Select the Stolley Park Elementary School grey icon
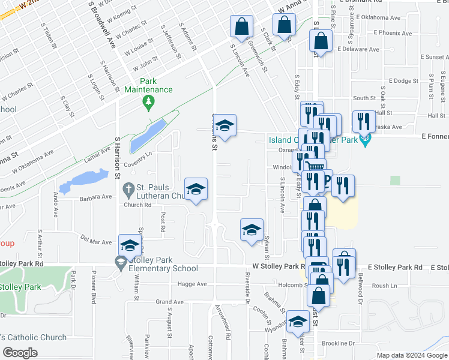point(121,262)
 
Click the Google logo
point(20,352)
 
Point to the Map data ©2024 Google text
point(412,355)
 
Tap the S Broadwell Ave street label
point(101,24)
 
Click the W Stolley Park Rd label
point(275,265)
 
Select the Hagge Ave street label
point(193,284)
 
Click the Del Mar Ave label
point(97,242)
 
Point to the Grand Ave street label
point(169,301)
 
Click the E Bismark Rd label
point(361,2)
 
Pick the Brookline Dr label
point(339,343)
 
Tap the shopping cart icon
point(315,167)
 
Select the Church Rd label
point(137,205)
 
